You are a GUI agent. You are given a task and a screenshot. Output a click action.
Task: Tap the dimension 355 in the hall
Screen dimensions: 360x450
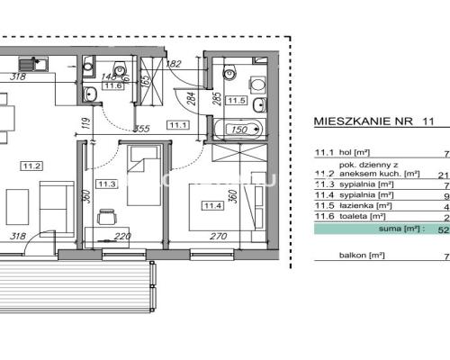(x=140, y=130)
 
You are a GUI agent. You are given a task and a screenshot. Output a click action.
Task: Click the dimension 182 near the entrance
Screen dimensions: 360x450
(x=175, y=63)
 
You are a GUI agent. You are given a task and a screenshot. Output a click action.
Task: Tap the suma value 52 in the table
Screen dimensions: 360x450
(x=443, y=229)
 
